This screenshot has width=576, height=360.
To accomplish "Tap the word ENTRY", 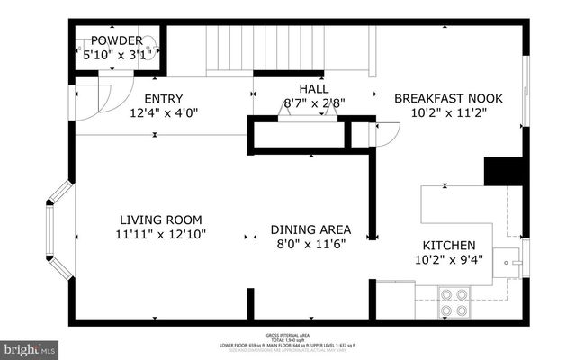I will point(163,99).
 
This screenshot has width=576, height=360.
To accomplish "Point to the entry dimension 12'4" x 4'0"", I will point(163,112).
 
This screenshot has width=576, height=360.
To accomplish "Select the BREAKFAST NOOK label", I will point(448,98).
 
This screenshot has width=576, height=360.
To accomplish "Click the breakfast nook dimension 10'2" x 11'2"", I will point(448,112).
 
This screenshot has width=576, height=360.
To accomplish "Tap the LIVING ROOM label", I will point(162,220).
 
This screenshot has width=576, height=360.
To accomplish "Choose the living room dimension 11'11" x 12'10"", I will point(162,234).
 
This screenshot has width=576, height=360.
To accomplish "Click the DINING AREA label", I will point(310,229).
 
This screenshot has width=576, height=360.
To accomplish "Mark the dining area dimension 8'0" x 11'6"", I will point(310,242).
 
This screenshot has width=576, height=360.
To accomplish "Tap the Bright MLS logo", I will point(30,346).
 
